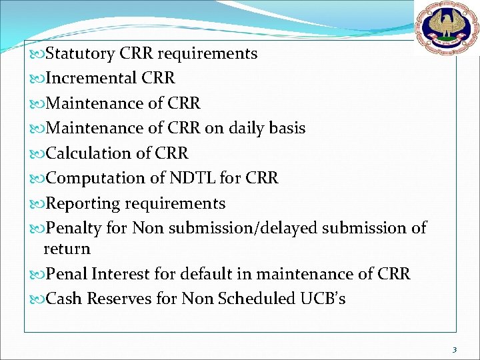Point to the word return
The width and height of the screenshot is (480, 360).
(67, 249)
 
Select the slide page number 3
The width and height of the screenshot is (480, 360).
(454, 349)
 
